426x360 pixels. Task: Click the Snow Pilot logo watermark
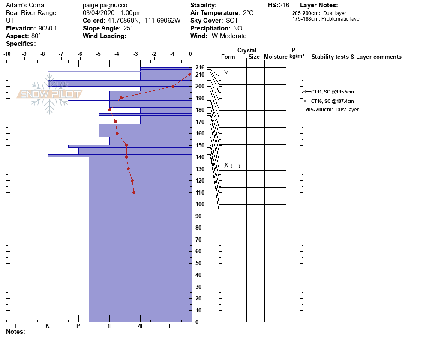point(49,94)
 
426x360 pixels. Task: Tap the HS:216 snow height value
point(279,5)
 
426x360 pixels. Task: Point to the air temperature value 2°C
point(248,13)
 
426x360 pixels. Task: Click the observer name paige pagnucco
point(105,5)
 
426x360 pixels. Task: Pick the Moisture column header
point(275,57)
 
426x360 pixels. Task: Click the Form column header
point(228,57)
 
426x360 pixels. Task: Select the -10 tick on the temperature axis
point(7,54)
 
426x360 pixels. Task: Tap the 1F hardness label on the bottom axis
point(110,326)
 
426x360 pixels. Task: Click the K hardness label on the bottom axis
point(48,326)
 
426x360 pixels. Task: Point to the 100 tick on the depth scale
point(200,204)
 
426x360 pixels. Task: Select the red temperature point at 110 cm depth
point(134,192)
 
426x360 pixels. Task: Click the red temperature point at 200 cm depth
point(173,86)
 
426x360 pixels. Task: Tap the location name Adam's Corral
point(26,5)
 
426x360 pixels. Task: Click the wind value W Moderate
point(229,36)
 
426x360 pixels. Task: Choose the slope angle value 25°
point(126,28)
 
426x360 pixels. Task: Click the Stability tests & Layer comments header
point(356,57)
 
